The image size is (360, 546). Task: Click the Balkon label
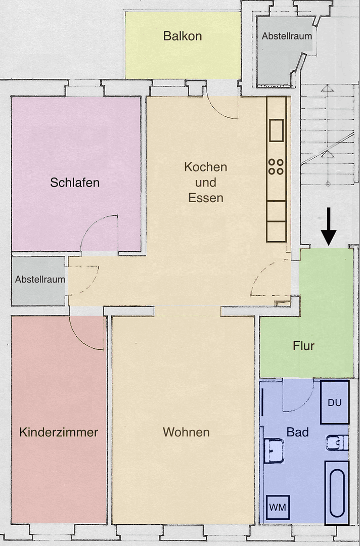tap(183, 36)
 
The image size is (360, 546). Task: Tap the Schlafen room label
tap(75, 183)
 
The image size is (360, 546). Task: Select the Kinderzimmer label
tap(59, 432)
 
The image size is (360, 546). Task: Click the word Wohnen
tap(186, 432)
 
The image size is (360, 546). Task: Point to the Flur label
tap(303, 346)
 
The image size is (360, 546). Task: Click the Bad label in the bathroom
tap(297, 432)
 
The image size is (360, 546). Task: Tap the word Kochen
tap(205, 167)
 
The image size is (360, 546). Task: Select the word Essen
tap(205, 198)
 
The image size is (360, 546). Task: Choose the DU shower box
tap(335, 402)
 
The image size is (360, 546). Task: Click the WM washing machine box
tap(278, 507)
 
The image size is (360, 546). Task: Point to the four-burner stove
tap(276, 167)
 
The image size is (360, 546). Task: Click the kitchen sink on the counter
tap(276, 130)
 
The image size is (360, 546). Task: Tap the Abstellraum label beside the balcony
tap(286, 36)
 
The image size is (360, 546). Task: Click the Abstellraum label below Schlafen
tap(39, 279)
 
